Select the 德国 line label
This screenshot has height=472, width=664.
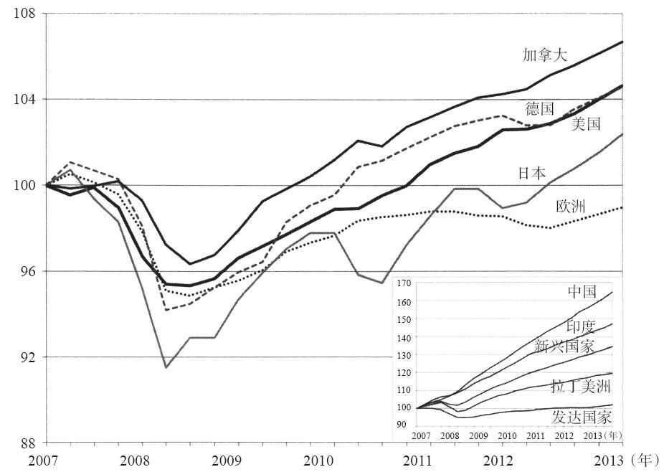(x=539, y=109)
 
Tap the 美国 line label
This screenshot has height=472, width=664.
(x=586, y=124)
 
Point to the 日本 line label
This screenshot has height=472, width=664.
(x=531, y=173)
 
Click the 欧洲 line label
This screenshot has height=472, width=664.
(x=571, y=207)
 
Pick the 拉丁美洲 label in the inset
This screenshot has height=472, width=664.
(x=580, y=387)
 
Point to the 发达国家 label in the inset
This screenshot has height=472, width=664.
(x=582, y=417)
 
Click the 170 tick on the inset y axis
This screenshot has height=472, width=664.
(x=403, y=284)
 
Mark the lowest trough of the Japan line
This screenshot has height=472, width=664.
(x=166, y=367)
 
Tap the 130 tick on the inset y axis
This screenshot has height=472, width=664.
(x=403, y=355)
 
